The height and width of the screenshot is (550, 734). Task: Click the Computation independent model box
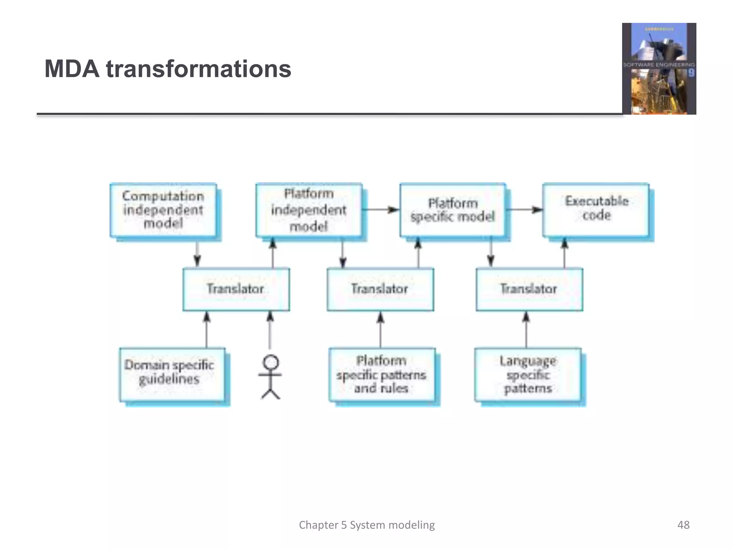pos(163,210)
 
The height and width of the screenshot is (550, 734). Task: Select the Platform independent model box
pos(309,210)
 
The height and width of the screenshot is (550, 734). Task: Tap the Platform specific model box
pos(453,210)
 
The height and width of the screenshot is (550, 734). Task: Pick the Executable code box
pos(596,210)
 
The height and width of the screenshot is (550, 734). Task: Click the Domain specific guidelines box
pos(172,375)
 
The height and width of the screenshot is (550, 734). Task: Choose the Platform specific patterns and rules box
pos(382,375)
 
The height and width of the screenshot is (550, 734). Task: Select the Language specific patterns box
pos(528,375)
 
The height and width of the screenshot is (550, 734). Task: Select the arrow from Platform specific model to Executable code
pos(524,209)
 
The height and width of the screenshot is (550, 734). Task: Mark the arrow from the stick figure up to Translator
pos(270,331)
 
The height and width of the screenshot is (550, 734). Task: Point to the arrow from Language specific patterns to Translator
pos(526,329)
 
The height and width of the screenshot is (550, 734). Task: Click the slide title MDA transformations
pos(168,69)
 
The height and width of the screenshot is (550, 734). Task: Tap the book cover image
pos(659,69)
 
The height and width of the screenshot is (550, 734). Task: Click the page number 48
pos(683,525)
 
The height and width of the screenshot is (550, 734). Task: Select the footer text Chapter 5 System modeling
pos(367,525)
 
